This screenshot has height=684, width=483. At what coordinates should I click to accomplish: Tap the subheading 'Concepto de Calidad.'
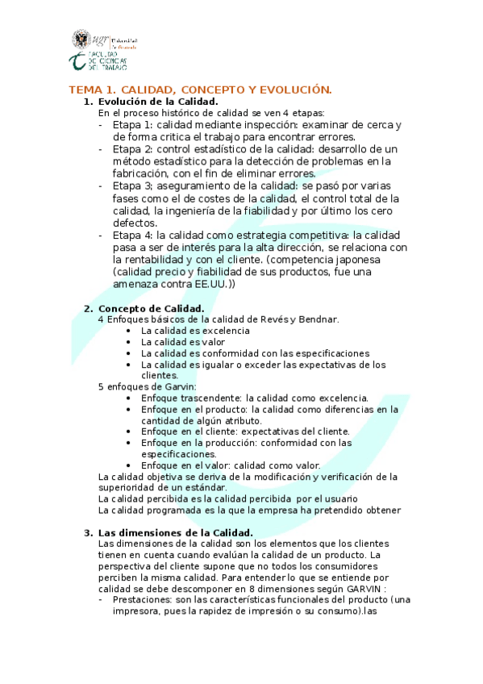click(151, 308)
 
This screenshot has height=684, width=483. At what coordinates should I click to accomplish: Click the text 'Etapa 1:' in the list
click(132, 126)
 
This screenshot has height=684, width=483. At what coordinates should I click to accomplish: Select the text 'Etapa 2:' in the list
click(132, 149)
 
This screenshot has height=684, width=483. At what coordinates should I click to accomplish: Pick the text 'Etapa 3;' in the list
click(132, 186)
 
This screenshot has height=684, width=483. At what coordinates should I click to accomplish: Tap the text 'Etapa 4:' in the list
click(132, 235)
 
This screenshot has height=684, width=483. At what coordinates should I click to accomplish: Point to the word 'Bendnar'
click(318, 319)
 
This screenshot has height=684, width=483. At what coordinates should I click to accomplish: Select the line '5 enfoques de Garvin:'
click(141, 387)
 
